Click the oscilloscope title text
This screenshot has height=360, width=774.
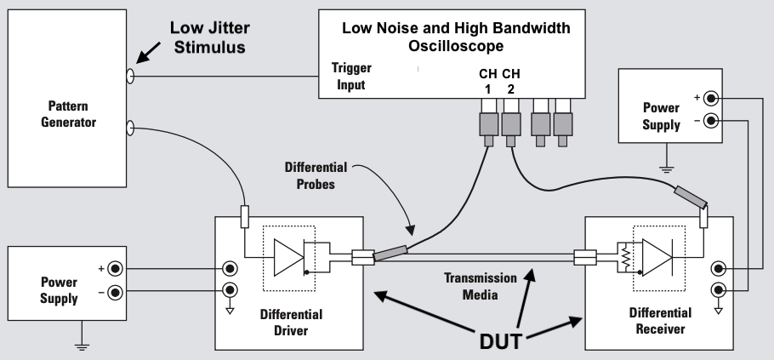tap(456, 36)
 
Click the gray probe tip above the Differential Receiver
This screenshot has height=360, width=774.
tap(690, 198)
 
